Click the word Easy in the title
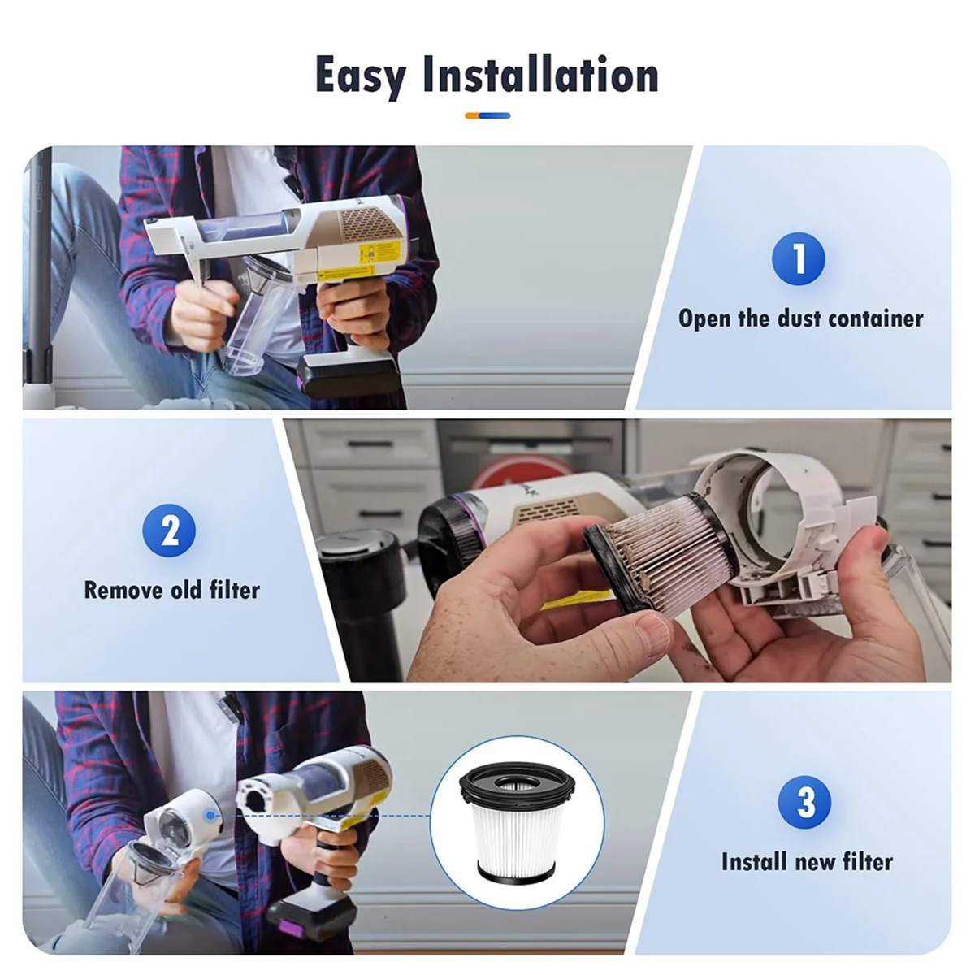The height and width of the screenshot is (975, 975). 362,76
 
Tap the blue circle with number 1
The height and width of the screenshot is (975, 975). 798,258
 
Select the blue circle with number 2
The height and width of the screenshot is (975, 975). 169,531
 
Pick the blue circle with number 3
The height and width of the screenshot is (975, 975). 804,802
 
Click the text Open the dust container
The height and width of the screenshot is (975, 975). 800,318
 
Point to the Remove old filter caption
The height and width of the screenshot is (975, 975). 171,589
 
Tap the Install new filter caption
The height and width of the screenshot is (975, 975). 806,861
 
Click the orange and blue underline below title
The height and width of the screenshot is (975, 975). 487,115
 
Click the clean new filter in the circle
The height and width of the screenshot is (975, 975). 517,821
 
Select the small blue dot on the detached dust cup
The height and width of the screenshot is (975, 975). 210,814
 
